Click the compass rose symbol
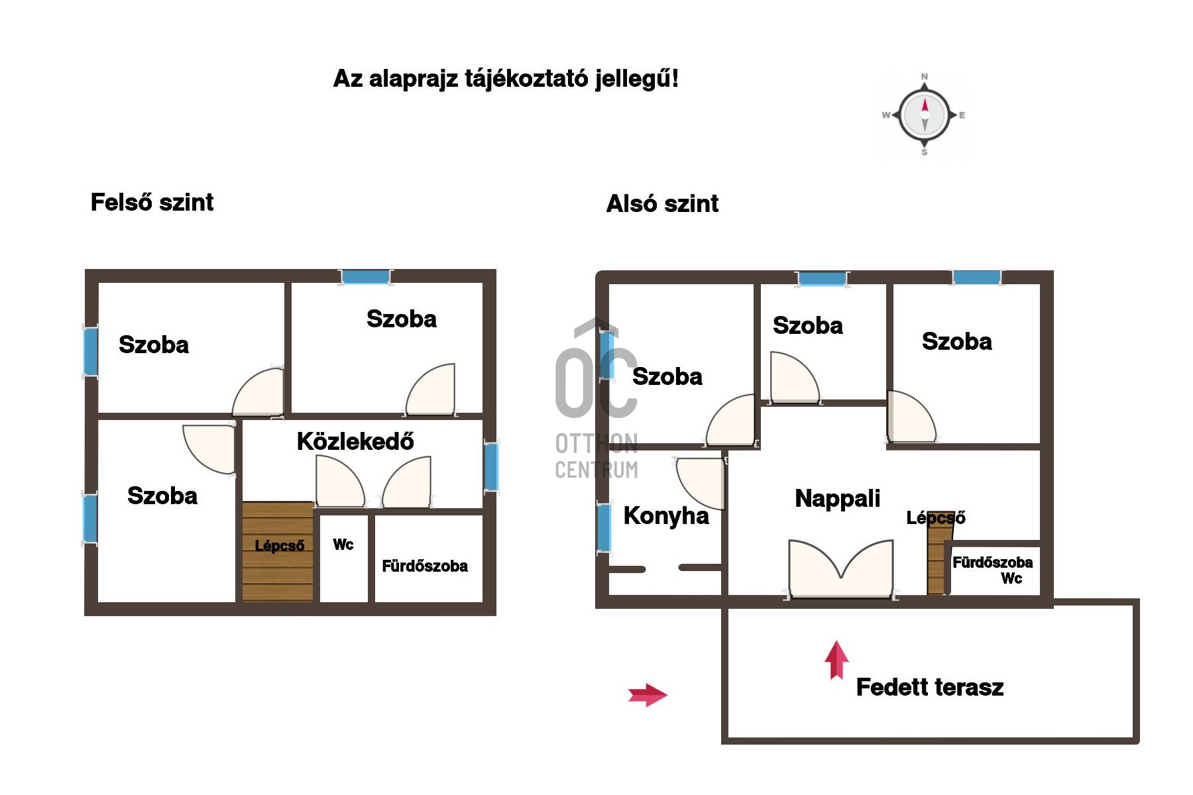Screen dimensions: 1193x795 pyautogui.click(x=925, y=115)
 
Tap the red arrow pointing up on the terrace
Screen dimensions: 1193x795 pyautogui.click(x=836, y=660)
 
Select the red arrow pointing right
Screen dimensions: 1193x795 pyautogui.click(x=648, y=695)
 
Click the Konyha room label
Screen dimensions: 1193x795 pyautogui.click(x=666, y=516)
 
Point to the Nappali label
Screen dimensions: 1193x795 pyautogui.click(x=837, y=499)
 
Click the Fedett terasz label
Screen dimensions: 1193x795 pyautogui.click(x=930, y=687)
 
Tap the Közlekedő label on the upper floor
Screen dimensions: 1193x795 pyautogui.click(x=355, y=441)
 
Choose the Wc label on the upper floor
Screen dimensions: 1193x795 pyautogui.click(x=343, y=545)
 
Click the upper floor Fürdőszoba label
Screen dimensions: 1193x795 pyautogui.click(x=425, y=566)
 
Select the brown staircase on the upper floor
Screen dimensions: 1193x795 pyautogui.click(x=278, y=552)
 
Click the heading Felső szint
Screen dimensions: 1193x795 pyautogui.click(x=152, y=202)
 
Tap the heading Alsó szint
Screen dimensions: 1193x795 pyautogui.click(x=662, y=203)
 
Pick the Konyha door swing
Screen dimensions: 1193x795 pyautogui.click(x=699, y=483)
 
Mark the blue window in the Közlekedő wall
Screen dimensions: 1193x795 pyautogui.click(x=491, y=466)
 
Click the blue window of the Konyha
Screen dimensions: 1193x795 pyautogui.click(x=604, y=527)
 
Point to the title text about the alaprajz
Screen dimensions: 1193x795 pyautogui.click(x=506, y=79)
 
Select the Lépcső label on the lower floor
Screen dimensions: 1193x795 pyautogui.click(x=935, y=518)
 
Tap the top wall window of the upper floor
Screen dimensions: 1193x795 pyautogui.click(x=365, y=277)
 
